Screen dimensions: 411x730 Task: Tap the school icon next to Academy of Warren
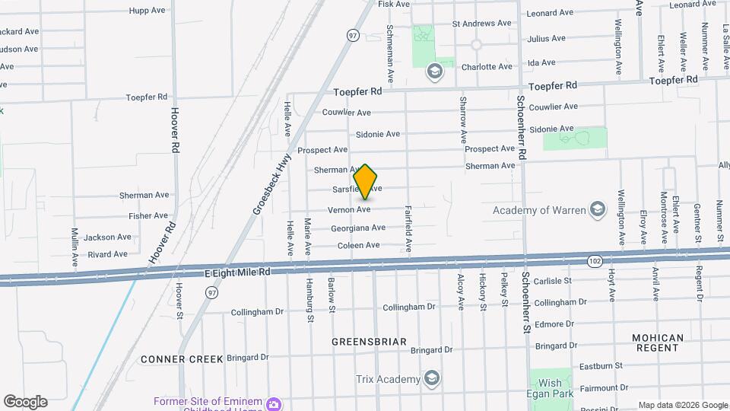click(x=598, y=209)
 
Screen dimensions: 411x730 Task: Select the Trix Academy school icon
click(x=432, y=379)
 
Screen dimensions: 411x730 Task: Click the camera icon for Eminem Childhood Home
click(x=274, y=402)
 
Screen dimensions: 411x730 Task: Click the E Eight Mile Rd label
click(x=237, y=272)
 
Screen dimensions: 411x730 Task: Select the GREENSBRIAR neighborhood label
click(x=369, y=342)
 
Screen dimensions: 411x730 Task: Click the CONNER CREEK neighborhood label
click(x=182, y=358)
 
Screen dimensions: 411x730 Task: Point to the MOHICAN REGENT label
click(x=658, y=342)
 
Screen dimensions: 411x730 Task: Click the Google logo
click(x=25, y=402)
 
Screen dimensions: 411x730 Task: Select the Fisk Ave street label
click(x=394, y=4)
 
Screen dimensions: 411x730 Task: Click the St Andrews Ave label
click(x=482, y=24)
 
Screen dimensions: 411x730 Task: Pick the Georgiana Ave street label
click(x=358, y=228)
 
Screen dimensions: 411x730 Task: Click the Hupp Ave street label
click(x=148, y=11)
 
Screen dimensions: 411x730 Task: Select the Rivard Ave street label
click(x=108, y=254)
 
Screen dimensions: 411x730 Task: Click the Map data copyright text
click(x=682, y=405)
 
